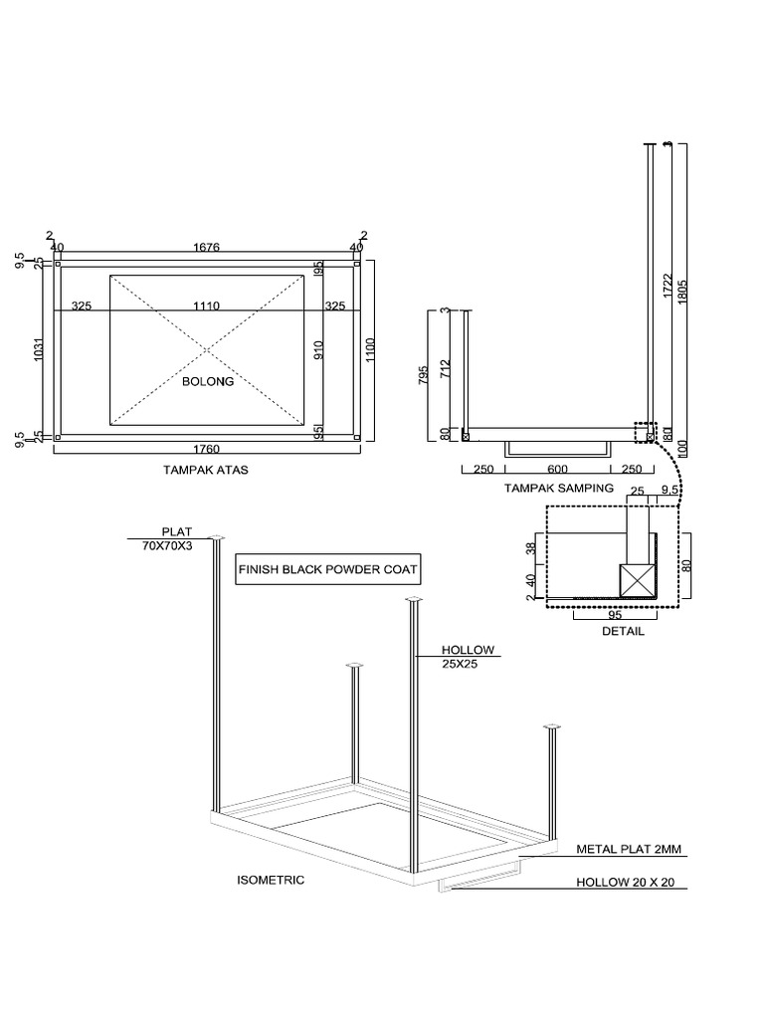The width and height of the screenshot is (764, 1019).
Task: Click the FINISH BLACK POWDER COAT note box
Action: click(x=326, y=571)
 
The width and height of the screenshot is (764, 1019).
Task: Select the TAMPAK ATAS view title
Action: click(x=206, y=470)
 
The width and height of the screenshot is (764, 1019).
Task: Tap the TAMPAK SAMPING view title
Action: click(x=558, y=488)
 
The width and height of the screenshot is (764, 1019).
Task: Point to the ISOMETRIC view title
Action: click(x=271, y=880)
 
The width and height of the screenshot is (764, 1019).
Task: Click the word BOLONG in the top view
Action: click(x=207, y=381)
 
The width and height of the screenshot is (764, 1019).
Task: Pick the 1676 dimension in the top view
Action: click(x=207, y=247)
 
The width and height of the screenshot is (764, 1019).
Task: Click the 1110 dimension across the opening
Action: click(x=207, y=306)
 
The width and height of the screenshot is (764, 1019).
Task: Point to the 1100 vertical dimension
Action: click(x=370, y=349)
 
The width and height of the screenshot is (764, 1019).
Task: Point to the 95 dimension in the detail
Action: click(x=614, y=615)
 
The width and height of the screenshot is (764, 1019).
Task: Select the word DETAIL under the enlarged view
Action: click(x=624, y=631)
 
